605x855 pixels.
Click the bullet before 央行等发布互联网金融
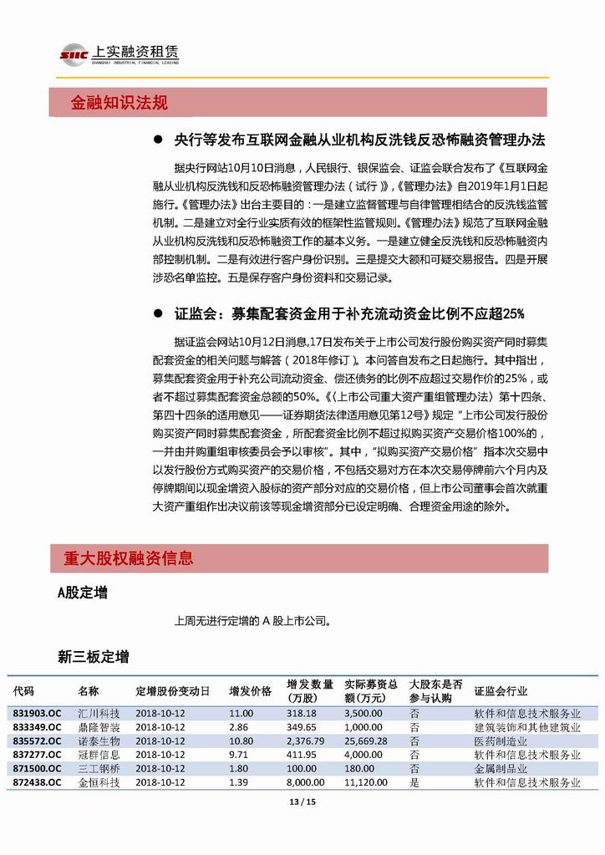coord(156,139)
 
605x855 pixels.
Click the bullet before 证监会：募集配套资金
coord(156,314)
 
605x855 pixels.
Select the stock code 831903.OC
coord(37,713)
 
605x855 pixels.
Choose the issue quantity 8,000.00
coord(305,782)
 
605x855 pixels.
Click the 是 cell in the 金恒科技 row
coord(414,782)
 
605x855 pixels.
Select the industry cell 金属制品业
coord(501,768)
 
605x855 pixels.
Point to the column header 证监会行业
coord(501,691)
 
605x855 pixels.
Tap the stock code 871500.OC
coord(37,768)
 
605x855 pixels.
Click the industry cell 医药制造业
coord(501,740)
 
